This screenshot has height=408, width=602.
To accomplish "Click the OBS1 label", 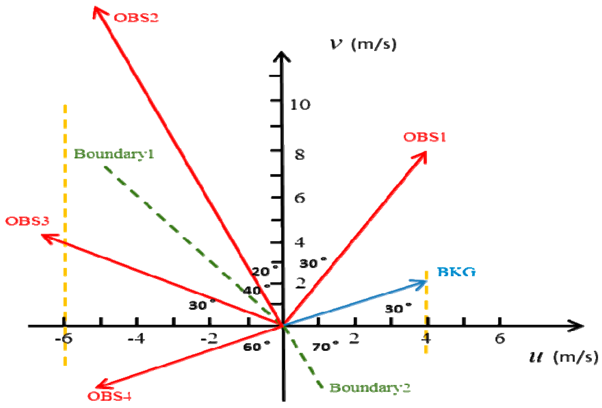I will (424, 137).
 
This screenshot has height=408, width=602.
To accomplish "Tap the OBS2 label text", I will (136, 18).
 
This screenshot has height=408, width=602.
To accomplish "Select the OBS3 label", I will (27, 221).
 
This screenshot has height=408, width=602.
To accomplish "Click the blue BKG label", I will (456, 272).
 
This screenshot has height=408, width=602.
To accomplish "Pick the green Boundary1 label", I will (114, 154).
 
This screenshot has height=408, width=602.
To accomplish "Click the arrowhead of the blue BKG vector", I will (423, 282).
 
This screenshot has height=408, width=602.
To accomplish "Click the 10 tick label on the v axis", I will (300, 105).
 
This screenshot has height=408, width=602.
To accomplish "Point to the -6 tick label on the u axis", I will (64, 339).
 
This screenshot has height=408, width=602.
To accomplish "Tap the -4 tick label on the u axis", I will (136, 339).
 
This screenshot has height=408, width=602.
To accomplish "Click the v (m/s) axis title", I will (363, 44).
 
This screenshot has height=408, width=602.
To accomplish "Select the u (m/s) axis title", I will (563, 358).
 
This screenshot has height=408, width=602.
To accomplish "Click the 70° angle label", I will (325, 347).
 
